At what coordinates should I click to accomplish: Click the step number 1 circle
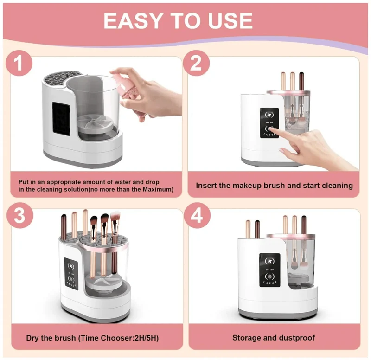click(x=19, y=63)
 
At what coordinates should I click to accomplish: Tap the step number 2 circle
click(x=196, y=63)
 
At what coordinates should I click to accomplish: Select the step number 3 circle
click(x=19, y=215)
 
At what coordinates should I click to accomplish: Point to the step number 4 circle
click(x=197, y=215)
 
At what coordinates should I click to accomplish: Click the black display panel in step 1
click(x=61, y=119)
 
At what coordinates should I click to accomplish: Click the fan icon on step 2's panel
click(x=269, y=115)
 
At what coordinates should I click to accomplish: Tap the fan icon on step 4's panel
click(x=269, y=261)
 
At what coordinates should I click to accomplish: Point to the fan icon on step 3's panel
click(x=71, y=266)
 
